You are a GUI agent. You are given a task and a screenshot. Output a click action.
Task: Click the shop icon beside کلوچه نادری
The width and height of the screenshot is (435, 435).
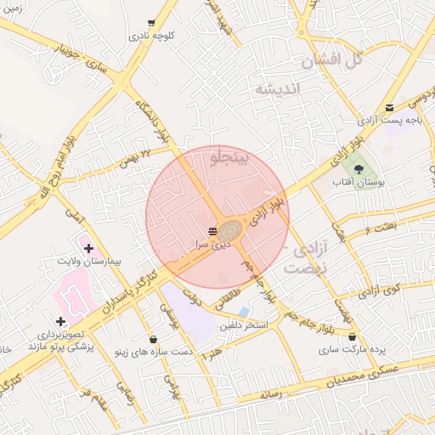[x=151, y=23]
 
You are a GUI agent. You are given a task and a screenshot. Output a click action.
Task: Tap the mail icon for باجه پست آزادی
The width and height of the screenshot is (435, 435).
[x=390, y=107]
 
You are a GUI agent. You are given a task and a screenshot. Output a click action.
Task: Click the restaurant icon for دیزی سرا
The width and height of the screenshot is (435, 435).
[x=212, y=230]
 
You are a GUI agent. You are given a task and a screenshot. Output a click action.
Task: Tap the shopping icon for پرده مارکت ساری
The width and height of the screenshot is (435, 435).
[x=352, y=337]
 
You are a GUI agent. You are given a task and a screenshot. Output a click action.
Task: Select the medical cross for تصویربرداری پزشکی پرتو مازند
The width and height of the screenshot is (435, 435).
[x=60, y=322]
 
